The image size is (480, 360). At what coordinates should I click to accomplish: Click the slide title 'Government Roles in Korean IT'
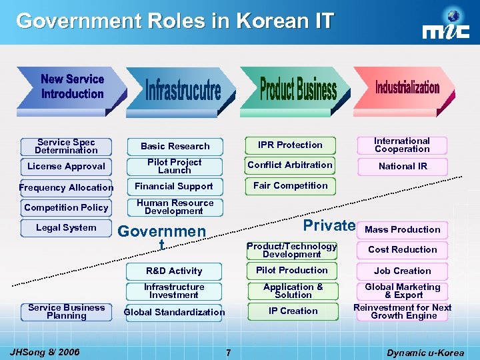[x=175, y=21]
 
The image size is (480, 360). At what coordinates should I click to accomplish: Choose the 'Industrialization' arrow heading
[x=407, y=87]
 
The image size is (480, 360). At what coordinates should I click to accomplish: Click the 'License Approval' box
[x=66, y=166]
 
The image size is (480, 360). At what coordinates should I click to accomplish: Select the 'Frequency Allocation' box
[x=66, y=187]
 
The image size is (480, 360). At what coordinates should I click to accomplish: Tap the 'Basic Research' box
[x=175, y=146]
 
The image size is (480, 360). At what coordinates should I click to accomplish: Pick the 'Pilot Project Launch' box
[x=175, y=166]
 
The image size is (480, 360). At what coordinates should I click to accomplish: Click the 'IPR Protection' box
[x=290, y=145]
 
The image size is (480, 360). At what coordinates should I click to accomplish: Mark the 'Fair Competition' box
[x=290, y=185]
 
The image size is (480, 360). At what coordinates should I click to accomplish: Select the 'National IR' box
[x=402, y=166]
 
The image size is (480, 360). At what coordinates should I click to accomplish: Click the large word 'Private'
[x=329, y=225]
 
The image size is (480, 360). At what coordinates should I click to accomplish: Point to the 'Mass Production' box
[x=402, y=229]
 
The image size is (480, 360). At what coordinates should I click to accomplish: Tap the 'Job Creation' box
[x=402, y=271]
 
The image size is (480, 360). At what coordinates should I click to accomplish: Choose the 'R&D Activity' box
[x=174, y=271]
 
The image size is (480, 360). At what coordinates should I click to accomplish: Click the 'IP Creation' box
[x=293, y=311]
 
